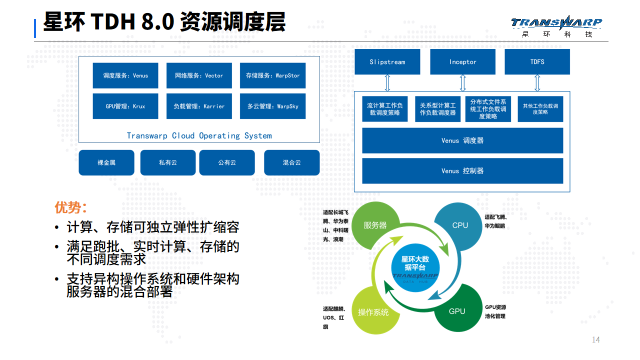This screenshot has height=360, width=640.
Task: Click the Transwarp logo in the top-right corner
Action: pos(556,27)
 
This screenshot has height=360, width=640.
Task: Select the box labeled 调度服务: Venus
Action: pos(125,75)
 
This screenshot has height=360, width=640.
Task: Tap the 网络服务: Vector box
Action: pos(199,75)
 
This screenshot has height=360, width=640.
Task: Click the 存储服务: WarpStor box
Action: pos(272,75)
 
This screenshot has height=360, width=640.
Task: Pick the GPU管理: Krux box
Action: pos(125,106)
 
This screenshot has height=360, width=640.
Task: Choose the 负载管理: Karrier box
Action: pos(199,106)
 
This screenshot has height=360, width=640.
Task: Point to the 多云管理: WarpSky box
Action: pos(272,106)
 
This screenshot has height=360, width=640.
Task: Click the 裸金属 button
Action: pos(106,162)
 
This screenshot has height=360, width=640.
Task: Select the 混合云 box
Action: pos(291,162)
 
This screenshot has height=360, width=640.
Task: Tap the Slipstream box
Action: pos(387,62)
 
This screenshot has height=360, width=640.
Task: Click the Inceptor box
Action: pos(462,62)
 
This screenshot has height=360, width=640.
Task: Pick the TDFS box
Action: pos(537,62)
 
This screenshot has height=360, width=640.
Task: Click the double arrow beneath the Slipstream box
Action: pos(387,82)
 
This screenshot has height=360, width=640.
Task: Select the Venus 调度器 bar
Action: pos(462,140)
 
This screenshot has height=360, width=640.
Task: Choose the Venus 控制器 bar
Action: pos(462,171)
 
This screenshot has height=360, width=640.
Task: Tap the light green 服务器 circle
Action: pos(375,225)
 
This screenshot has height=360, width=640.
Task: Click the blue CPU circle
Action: pos(459,225)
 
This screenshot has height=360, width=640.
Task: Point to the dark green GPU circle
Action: pos(457,311)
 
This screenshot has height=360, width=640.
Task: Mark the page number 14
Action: pos(595,340)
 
